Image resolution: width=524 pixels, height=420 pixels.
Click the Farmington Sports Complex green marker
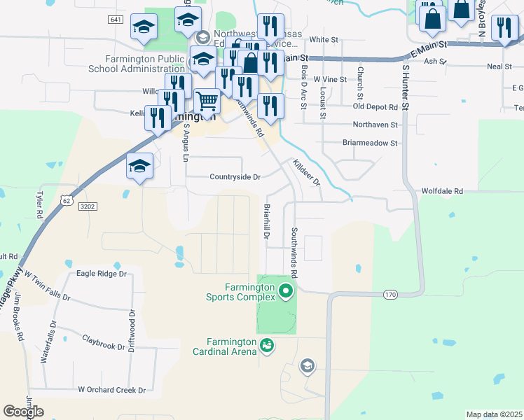point(285,290)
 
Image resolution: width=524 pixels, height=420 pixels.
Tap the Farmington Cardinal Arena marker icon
point(266,345)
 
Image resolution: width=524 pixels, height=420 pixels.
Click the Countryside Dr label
point(235,177)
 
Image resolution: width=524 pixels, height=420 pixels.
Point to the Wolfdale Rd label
point(442,190)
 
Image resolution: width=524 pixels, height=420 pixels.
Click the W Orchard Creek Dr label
point(111,390)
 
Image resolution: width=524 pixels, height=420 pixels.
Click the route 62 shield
point(66,199)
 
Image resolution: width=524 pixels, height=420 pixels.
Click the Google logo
point(23,412)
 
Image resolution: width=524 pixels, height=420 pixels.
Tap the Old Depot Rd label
point(375,107)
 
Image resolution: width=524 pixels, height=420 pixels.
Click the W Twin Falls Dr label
point(48,287)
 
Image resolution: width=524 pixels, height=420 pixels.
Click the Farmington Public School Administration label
point(145,64)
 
